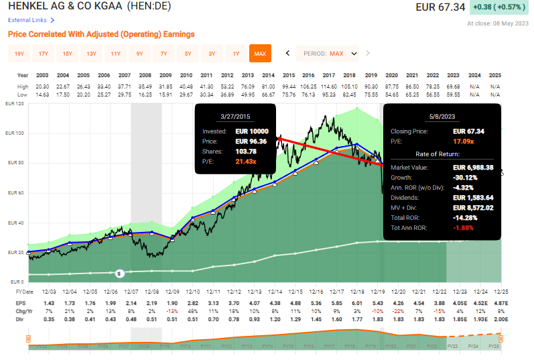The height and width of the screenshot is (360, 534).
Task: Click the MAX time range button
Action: [x=259, y=54]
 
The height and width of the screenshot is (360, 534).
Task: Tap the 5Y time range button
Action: [x=188, y=54]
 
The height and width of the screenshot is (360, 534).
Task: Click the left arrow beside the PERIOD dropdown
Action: [x=287, y=54]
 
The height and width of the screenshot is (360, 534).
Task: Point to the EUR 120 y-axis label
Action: [x=15, y=104]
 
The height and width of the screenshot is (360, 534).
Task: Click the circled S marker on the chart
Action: [x=119, y=273]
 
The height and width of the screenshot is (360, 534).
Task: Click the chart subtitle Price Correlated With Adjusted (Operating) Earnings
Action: [x=101, y=34]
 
